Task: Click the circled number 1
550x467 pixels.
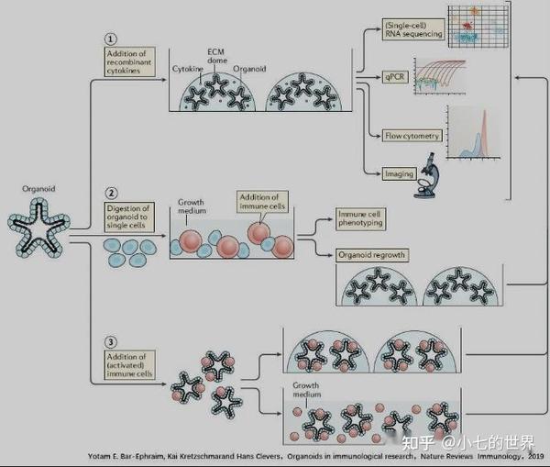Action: point(110,40)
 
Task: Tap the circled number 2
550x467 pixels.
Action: point(110,194)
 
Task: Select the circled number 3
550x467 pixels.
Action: point(110,343)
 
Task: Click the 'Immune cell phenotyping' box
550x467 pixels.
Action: point(362,218)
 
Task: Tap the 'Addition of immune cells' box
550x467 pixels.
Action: point(262,202)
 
